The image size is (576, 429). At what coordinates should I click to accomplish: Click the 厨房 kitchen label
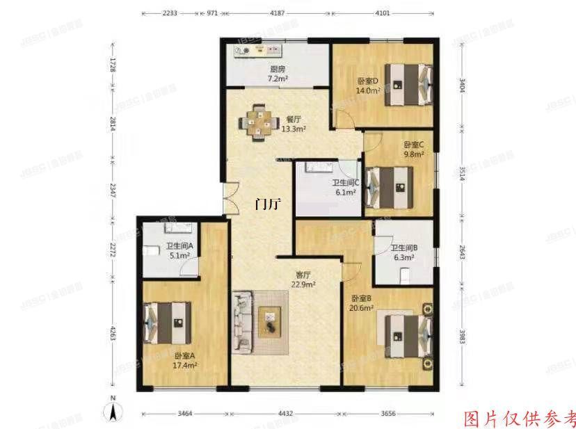(x=278, y=69)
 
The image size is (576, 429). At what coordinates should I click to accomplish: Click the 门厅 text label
(x=269, y=204)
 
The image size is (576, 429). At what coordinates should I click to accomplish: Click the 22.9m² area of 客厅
(x=304, y=284)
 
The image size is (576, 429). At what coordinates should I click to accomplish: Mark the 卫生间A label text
(x=179, y=246)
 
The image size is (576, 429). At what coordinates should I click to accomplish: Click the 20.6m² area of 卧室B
(x=362, y=307)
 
